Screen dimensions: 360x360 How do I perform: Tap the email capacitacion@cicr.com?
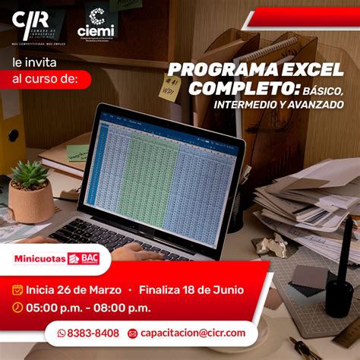click(193, 333)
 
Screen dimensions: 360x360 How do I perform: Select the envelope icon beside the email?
click(133, 333)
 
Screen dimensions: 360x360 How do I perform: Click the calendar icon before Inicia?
click(17, 290)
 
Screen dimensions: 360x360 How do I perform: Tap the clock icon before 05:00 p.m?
click(17, 308)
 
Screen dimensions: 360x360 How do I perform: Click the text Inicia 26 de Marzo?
click(73, 290)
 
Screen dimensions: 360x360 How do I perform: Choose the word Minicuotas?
click(39, 258)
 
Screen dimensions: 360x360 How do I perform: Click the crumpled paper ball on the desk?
click(270, 245)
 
